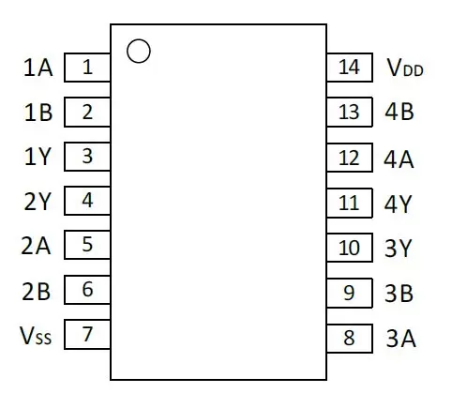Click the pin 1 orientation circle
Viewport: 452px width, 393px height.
(x=139, y=40)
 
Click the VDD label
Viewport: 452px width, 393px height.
(x=405, y=68)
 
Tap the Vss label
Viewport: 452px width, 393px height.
(x=36, y=336)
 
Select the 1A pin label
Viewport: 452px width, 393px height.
(x=38, y=68)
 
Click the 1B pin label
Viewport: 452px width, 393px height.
(x=38, y=113)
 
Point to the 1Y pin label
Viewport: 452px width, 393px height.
(x=38, y=157)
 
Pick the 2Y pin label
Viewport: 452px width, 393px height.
(x=37, y=202)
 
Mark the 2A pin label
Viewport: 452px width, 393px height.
(x=36, y=246)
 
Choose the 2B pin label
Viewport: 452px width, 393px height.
(x=37, y=291)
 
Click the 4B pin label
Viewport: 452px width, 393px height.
(x=399, y=112)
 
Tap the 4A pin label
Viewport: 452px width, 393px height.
(x=399, y=159)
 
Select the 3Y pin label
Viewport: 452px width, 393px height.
(x=398, y=249)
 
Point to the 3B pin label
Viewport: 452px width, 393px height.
(x=399, y=294)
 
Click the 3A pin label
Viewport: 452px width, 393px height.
(x=401, y=339)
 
